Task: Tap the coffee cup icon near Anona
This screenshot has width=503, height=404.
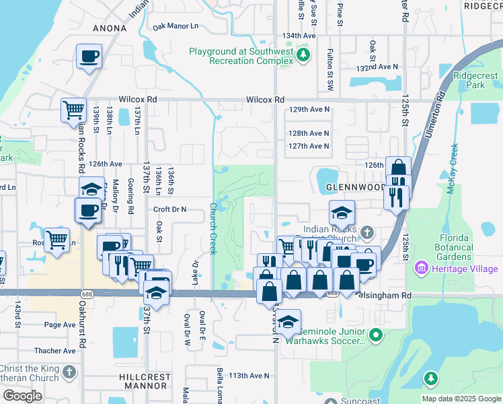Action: pyautogui.click(x=89, y=57)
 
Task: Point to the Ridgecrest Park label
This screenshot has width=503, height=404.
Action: pyautogui.click(x=469, y=81)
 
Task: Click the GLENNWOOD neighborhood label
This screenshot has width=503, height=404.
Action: pyautogui.click(x=354, y=187)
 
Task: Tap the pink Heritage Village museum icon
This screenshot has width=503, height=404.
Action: pyautogui.click(x=422, y=269)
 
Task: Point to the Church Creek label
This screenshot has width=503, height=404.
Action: pyautogui.click(x=212, y=229)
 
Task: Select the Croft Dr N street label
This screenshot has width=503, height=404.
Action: pyautogui.click(x=169, y=209)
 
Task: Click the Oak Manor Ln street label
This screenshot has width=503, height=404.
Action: pyautogui.click(x=176, y=27)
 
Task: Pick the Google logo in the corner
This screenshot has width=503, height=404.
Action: pyautogui.click(x=22, y=396)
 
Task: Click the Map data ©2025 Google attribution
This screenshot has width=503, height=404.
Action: pyautogui.click(x=461, y=399)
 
